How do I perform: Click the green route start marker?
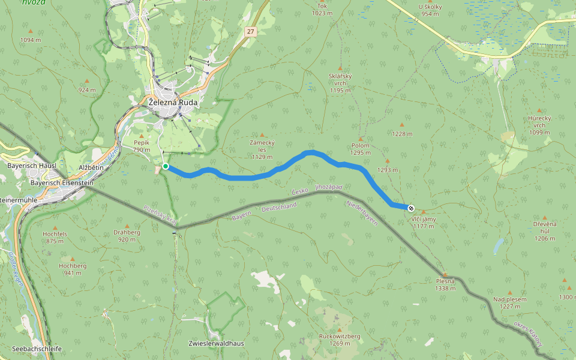[x=165, y=166]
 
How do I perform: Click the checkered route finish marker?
[x=411, y=208]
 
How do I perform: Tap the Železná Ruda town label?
[x=173, y=103]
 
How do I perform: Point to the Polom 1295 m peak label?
[x=360, y=149]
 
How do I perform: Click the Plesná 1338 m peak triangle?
[x=445, y=274]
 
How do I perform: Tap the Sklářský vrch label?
[x=340, y=83]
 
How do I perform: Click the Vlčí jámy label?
[x=424, y=223]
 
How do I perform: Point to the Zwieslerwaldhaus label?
[x=216, y=343]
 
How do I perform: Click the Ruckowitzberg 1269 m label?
[x=340, y=340]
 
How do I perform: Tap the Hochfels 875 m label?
[x=55, y=237]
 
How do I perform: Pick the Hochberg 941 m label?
[x=73, y=269]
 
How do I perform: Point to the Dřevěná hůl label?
[x=545, y=231]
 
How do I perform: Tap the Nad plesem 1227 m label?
[x=510, y=302]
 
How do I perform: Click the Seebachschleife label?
[x=37, y=349]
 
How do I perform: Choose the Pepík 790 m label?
[x=141, y=146]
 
